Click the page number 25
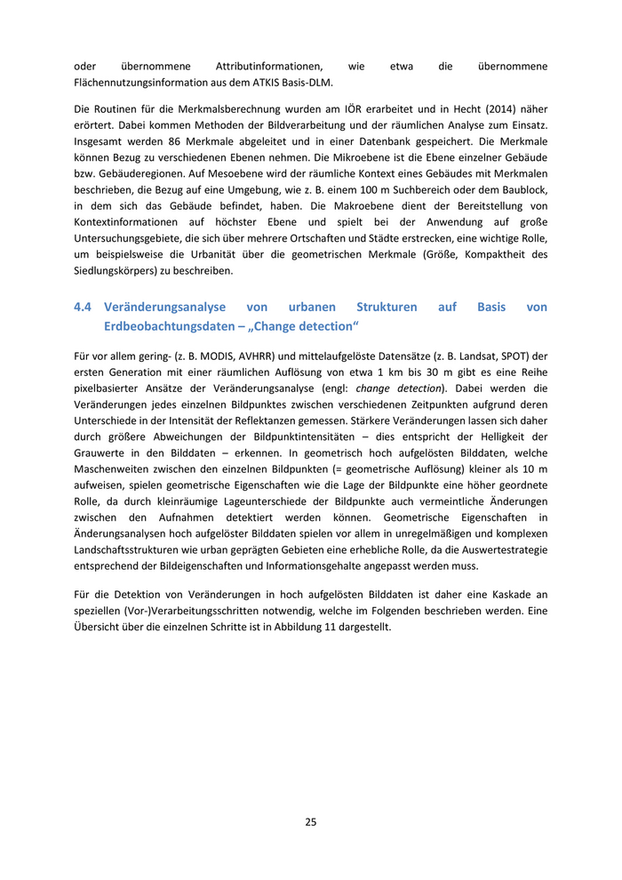pos(311,822)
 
